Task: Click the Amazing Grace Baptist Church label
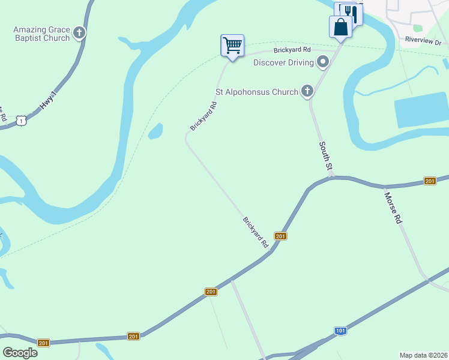pos(41,34)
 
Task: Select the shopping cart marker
pos(232,46)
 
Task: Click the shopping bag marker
pos(340,27)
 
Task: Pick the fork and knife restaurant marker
pos(352,13)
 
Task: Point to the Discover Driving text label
pos(283,62)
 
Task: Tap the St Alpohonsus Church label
pos(257,92)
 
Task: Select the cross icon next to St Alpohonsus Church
pos(307,92)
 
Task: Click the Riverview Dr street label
pos(423,41)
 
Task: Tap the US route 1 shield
pos(22,121)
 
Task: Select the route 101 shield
pos(340,331)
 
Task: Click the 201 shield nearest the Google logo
pos(43,343)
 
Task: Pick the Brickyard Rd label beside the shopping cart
pos(292,50)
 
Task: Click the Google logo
pos(20,353)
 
